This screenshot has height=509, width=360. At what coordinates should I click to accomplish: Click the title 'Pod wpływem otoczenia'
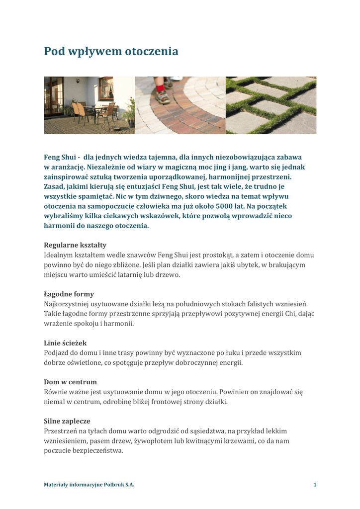pos(111,51)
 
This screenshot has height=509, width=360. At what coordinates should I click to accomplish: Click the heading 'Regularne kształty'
pos(75,245)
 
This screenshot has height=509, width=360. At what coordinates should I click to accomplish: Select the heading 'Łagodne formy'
pos(69,294)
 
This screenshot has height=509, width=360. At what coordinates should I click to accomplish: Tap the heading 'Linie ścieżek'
pos(65,343)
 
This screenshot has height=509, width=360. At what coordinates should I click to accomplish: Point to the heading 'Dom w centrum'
pos(70,382)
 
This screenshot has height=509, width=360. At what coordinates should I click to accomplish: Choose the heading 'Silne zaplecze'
pos(67,421)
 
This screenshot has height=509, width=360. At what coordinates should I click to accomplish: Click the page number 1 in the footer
pos(315,485)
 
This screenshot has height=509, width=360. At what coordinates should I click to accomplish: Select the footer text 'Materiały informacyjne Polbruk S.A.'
pos(89,485)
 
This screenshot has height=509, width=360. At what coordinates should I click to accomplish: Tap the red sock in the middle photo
pos(160,88)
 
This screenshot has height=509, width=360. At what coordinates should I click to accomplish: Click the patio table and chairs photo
pos(90,105)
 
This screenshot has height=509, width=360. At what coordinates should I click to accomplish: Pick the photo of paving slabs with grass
pos(271,105)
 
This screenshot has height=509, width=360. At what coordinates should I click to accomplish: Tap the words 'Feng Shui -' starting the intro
pos(62,157)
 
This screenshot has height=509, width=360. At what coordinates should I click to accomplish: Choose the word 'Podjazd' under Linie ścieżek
pos(57,353)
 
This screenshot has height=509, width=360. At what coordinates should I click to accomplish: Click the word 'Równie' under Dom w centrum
pos(55,392)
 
